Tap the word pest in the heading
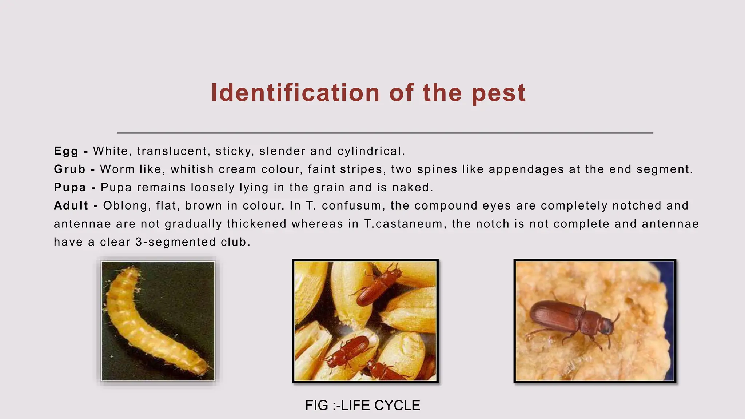pyautogui.click(x=499, y=93)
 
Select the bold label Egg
pyautogui.click(x=66, y=151)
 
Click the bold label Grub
pyautogui.click(x=69, y=169)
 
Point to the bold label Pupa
pyautogui.click(x=70, y=188)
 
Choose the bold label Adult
pyautogui.click(x=71, y=206)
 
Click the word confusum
pyautogui.click(x=352, y=206)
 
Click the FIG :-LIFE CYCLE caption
pyautogui.click(x=363, y=406)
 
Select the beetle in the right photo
pyautogui.click(x=571, y=318)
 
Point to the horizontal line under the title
pyautogui.click(x=385, y=133)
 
